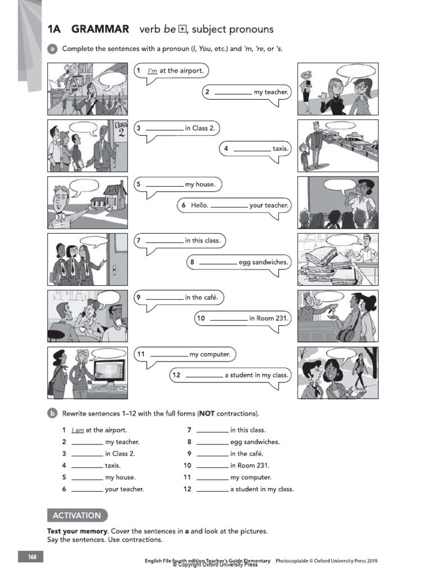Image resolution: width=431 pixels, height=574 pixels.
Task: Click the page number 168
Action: pos(32,557)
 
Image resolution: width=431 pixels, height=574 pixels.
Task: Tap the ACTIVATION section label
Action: pos(77,515)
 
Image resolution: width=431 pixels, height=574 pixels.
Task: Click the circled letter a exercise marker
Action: pos(52,49)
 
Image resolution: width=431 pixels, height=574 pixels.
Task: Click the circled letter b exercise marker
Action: pos(52,414)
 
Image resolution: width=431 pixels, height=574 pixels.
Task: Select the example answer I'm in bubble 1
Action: pos(152,71)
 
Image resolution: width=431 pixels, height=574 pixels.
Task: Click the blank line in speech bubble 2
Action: pos(233,92)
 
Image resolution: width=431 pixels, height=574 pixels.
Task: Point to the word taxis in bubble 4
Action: pos(280,149)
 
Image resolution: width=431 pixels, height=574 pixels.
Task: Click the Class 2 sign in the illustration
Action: pos(121,131)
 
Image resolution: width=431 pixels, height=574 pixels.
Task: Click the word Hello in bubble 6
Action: pos(199,205)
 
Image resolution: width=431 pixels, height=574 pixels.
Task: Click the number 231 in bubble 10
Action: pos(281,318)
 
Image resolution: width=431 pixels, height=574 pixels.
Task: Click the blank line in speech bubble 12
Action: pos(204,376)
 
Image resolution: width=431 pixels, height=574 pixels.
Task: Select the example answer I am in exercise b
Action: pos(77,430)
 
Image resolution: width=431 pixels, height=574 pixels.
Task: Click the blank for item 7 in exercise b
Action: pos(213,430)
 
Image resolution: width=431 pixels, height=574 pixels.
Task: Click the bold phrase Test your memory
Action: pos(76,530)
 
